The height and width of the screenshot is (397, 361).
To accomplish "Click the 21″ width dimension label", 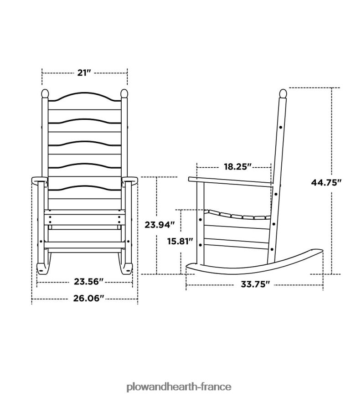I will tap(84, 72).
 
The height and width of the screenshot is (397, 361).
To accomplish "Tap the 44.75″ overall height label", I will tap(326, 182).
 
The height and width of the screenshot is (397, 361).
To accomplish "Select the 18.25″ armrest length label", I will tap(237, 167).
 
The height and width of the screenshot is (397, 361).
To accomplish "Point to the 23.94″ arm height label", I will tap(160, 224).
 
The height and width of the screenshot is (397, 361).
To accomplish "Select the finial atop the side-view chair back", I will tap(283, 94).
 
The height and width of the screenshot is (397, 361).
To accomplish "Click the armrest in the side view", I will tap(230, 181).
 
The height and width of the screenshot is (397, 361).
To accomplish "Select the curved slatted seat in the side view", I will tap(237, 215).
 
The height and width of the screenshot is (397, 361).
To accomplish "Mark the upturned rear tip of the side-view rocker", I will tap(319, 250).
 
